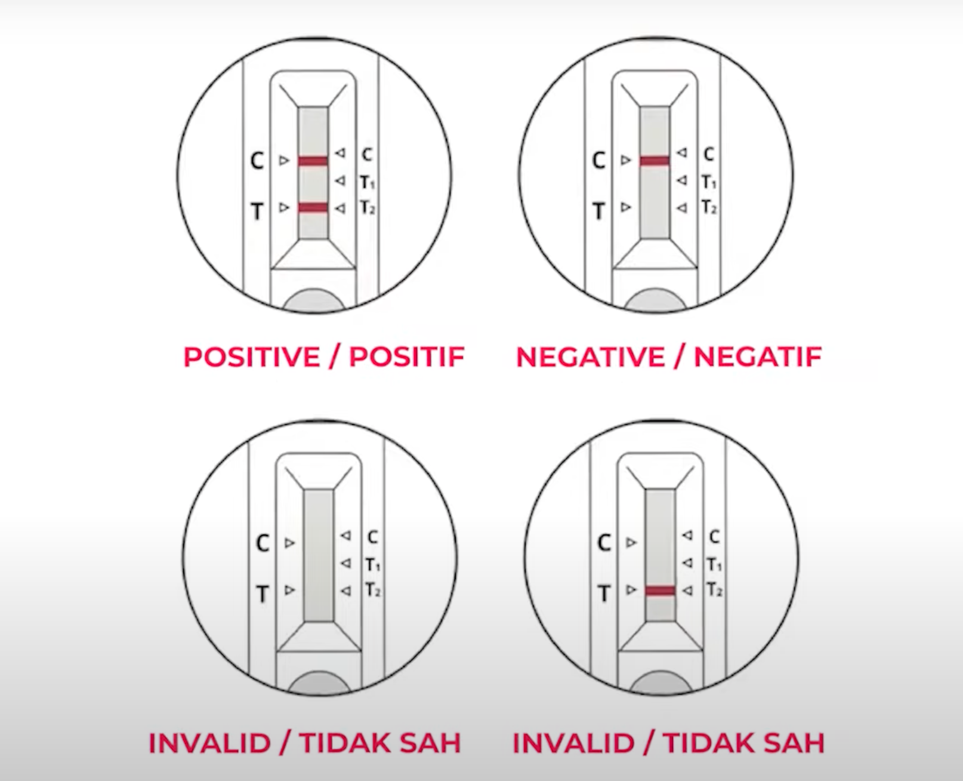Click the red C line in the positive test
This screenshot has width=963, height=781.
tap(313, 161)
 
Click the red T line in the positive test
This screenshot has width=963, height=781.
tap(313, 208)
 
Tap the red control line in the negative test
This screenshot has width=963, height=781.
tap(655, 161)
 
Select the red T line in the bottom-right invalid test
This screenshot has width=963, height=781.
tap(660, 591)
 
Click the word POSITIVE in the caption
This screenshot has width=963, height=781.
tap(251, 357)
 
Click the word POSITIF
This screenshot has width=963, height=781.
tap(407, 357)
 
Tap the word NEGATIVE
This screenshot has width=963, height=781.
tap(590, 357)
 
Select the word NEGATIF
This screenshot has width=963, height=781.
tap(758, 357)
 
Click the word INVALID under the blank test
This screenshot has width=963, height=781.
tap(210, 743)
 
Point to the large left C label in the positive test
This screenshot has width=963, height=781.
tap(257, 161)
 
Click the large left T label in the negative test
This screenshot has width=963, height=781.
tap(598, 211)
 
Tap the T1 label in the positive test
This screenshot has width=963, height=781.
tap(368, 182)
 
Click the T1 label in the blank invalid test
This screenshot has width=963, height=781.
tap(373, 565)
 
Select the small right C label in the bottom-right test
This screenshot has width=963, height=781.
tap(714, 537)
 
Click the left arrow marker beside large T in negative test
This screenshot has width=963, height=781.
tap(626, 207)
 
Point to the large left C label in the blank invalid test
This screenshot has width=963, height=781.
tap(262, 543)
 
